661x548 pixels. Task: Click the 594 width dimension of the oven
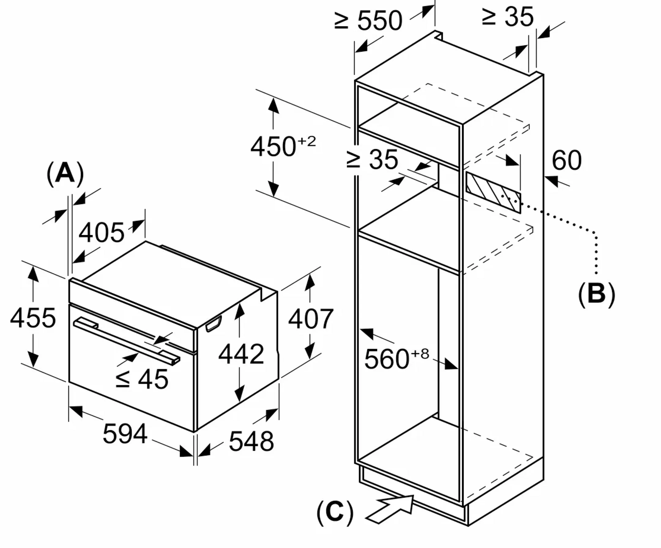point(125,434)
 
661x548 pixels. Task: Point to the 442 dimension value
point(241,354)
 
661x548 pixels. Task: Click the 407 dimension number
point(311,319)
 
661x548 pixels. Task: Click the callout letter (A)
point(65,173)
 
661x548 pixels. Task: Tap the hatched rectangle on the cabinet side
point(493,191)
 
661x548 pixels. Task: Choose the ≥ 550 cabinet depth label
point(368,21)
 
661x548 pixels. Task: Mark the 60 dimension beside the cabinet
point(566,161)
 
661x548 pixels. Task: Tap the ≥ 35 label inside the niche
point(372,160)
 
